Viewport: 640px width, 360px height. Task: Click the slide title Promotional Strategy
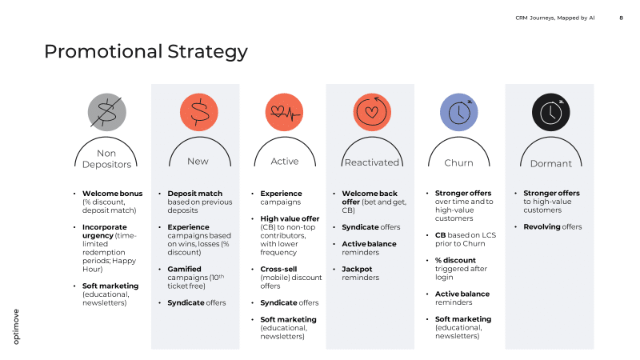click(146, 52)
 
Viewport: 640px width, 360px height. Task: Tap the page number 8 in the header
click(621, 17)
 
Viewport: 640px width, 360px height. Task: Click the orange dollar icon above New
click(198, 112)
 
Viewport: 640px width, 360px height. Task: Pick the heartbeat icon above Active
click(285, 112)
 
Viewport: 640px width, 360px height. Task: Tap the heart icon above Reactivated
click(371, 112)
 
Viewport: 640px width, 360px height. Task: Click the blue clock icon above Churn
click(458, 112)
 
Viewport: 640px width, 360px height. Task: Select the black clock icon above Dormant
click(550, 112)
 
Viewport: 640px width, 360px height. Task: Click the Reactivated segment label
click(371, 162)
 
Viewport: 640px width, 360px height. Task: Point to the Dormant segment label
click(550, 163)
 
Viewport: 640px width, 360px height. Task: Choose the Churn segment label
click(458, 162)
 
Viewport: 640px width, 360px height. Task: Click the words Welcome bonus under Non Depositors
click(112, 194)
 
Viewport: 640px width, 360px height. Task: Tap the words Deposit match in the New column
click(194, 194)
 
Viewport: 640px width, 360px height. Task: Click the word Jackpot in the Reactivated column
click(357, 270)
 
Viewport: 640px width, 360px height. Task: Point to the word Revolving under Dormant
click(541, 227)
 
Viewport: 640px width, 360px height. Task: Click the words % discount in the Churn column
click(454, 261)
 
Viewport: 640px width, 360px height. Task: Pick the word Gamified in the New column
click(184, 270)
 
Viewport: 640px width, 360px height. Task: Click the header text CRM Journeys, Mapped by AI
click(554, 17)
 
